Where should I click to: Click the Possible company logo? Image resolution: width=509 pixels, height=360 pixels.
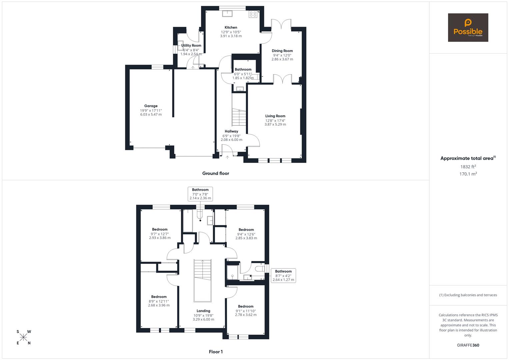tap(468, 27)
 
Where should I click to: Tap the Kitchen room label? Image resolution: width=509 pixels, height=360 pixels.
tap(231, 28)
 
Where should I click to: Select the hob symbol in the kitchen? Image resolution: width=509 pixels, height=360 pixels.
tap(253, 14)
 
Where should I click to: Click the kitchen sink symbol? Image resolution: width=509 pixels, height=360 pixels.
tap(228, 13)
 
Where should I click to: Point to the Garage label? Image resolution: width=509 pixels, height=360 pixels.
tap(151, 106)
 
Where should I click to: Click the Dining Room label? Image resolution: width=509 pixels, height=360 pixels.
tap(282, 51)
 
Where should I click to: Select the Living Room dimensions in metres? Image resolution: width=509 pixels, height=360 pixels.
tap(275, 124)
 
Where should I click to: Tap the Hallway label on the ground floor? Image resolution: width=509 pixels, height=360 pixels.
tap(231, 131)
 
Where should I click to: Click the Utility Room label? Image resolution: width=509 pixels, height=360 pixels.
tap(191, 46)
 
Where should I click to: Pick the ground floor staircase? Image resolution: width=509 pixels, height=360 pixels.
tap(239, 117)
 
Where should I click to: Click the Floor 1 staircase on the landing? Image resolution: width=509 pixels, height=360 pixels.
tap(202, 270)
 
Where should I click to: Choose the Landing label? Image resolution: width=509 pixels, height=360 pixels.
tap(203, 311)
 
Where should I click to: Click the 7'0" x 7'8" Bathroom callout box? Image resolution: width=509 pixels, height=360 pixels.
tap(200, 194)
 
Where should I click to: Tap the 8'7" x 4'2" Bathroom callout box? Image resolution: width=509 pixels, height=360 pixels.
tap(283, 275)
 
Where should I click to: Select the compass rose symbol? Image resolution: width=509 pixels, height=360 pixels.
tap(23, 337)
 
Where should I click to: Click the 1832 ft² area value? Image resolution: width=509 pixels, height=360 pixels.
tap(468, 167)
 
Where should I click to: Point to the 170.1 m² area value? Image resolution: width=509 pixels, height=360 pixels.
tap(468, 174)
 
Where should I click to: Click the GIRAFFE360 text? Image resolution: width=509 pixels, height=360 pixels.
tap(468, 345)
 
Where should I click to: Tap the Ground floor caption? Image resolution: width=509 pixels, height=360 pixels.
tap(216, 173)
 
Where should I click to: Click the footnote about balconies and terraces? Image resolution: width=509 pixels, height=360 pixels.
tap(468, 295)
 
